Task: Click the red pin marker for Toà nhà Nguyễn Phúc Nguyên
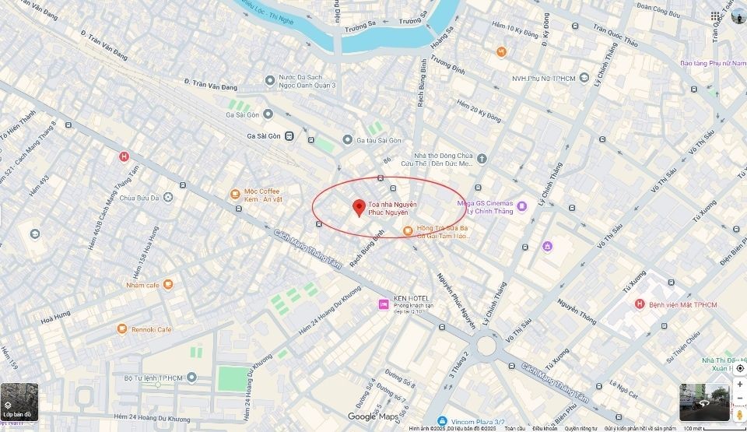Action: click(x=359, y=207)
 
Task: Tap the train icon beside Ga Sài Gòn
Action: click(x=289, y=136)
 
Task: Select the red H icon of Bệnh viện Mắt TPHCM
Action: click(x=640, y=304)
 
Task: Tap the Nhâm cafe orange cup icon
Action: click(x=168, y=285)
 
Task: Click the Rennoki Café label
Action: click(x=152, y=329)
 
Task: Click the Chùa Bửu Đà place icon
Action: click(x=169, y=198)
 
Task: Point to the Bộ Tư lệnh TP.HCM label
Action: click(x=153, y=378)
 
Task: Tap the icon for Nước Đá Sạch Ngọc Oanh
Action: click(x=270, y=80)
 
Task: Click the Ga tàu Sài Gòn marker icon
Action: click(x=347, y=140)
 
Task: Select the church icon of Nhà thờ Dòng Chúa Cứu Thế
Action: click(x=482, y=159)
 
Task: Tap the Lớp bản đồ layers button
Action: click(x=19, y=402)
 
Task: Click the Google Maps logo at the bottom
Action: click(x=373, y=416)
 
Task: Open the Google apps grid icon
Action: click(x=715, y=16)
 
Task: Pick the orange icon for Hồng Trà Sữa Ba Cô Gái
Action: click(x=408, y=230)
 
